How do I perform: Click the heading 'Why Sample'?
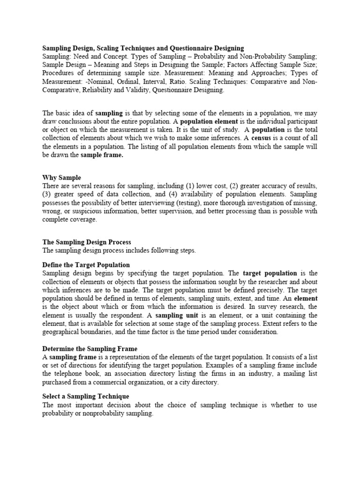(x=61, y=178)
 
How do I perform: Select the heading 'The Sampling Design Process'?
(x=87, y=242)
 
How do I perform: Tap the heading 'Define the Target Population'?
(x=86, y=265)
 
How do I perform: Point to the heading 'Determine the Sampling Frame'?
(x=90, y=349)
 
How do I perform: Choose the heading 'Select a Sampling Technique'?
(x=85, y=397)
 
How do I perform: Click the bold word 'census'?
(x=261, y=138)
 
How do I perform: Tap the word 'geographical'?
(x=62, y=332)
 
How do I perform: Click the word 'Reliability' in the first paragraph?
(x=97, y=90)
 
